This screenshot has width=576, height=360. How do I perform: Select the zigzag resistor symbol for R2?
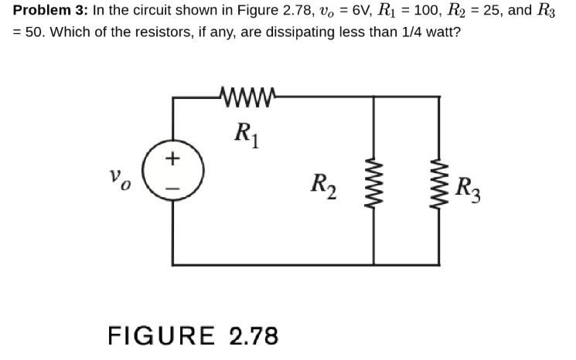point(375,185)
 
